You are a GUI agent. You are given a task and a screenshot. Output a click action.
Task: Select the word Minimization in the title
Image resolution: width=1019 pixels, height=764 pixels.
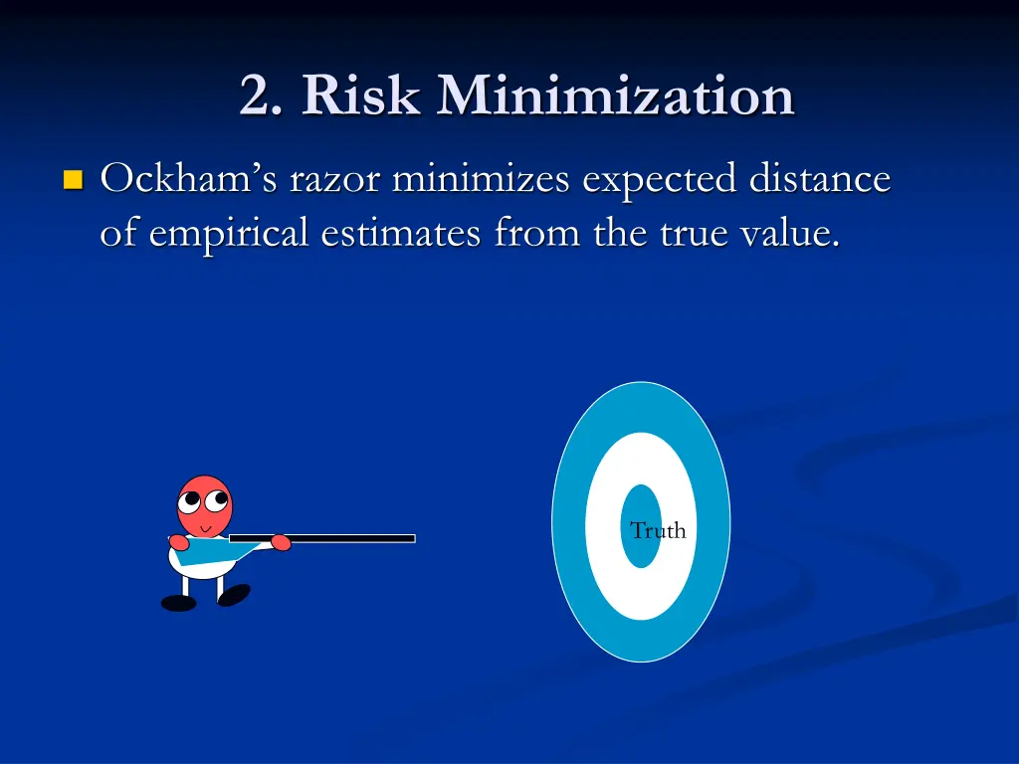coord(616,97)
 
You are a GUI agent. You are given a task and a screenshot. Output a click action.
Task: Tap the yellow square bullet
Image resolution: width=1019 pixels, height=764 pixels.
coord(71,180)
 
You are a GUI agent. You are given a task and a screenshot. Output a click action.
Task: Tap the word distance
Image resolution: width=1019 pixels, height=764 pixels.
coord(819,180)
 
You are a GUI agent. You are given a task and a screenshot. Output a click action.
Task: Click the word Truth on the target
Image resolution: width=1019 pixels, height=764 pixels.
coord(658,531)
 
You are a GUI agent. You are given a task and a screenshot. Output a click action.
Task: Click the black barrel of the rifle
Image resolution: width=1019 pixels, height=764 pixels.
coord(348,538)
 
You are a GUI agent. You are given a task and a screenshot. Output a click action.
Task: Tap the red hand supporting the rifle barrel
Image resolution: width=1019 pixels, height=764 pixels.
coord(281,543)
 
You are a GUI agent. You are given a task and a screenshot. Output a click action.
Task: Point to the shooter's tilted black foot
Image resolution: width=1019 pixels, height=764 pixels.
coord(234,594)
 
